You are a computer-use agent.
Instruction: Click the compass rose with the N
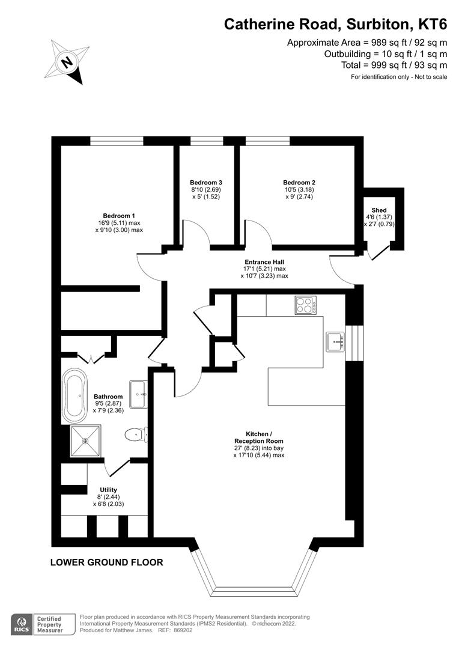coord(68,61)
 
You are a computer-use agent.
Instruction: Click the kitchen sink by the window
coord(335,341)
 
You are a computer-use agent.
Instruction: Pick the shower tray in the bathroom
coord(86,441)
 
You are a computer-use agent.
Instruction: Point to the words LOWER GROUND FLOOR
coord(106,563)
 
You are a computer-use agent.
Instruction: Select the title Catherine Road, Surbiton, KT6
coord(335,24)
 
